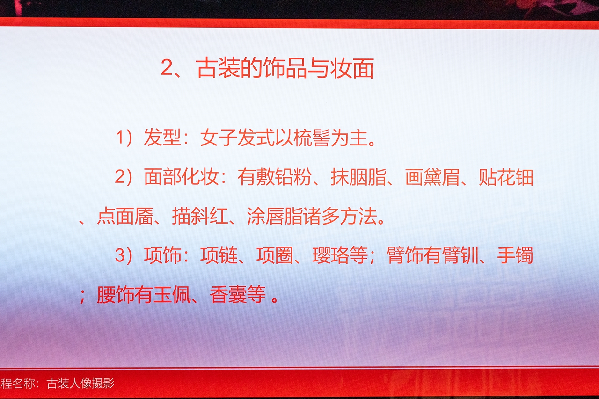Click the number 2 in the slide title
click(168, 68)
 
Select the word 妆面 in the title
click(352, 68)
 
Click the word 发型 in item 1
click(162, 138)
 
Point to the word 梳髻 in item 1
click(312, 138)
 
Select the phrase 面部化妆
click(181, 177)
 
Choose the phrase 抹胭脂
click(358, 177)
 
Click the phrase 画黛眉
click(432, 177)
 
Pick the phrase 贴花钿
click(506, 177)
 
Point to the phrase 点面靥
click(125, 216)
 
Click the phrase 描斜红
click(200, 216)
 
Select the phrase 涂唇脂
click(275, 216)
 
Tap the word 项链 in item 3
click(219, 255)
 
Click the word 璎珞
click(331, 255)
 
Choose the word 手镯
click(515, 255)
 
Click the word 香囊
click(228, 295)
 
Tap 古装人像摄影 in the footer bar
click(80, 384)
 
